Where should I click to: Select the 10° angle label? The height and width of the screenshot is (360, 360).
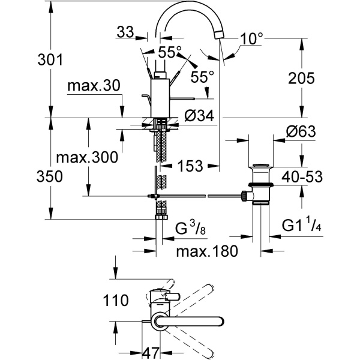[252, 39]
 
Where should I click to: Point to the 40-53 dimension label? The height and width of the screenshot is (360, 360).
[302, 177]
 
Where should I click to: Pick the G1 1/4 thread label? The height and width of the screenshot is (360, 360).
[303, 227]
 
